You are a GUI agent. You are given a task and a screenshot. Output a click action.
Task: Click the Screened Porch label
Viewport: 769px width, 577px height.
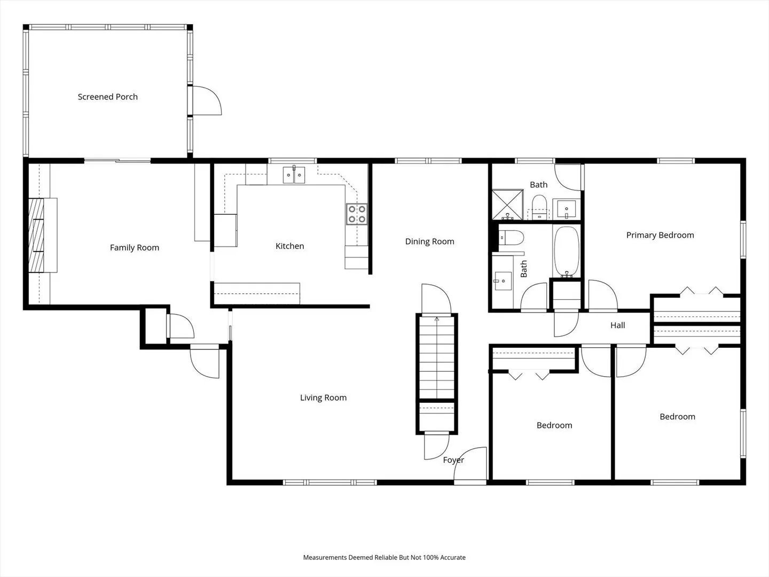click(107, 97)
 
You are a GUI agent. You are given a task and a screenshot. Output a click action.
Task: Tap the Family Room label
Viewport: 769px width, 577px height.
click(135, 248)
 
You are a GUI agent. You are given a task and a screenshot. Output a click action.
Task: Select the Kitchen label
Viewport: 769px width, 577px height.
click(290, 246)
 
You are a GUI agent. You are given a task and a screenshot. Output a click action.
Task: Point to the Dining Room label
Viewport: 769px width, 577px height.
click(429, 241)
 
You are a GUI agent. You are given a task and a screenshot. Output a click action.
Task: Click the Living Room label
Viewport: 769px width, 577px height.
click(324, 397)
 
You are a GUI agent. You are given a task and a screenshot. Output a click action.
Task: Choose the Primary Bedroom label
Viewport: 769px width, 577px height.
click(660, 235)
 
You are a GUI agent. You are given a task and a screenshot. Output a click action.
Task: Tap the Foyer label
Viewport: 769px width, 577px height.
click(453, 460)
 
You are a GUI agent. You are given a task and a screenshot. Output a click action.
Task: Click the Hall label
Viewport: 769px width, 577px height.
click(618, 325)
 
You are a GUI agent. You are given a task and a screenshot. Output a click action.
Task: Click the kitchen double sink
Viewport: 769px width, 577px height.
click(294, 175)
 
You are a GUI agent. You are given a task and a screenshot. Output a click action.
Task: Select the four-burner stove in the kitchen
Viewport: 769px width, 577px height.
click(357, 214)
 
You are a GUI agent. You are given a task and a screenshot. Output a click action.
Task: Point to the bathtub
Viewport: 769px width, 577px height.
click(567, 251)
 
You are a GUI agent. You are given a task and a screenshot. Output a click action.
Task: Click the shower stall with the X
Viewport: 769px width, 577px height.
click(508, 205)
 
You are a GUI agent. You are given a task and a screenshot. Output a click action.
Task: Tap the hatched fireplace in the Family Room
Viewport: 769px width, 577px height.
click(36, 236)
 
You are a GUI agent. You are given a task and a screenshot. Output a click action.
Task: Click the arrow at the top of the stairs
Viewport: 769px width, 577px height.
click(437, 319)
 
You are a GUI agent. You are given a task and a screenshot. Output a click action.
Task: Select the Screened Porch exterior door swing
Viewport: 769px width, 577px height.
click(207, 100)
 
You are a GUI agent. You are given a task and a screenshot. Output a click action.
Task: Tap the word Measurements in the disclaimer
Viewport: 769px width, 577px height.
click(325, 557)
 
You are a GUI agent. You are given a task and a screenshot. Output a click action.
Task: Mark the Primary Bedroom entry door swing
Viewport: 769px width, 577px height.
click(602, 295)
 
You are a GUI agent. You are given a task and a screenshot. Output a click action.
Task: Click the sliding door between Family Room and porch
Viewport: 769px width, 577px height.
click(117, 161)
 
